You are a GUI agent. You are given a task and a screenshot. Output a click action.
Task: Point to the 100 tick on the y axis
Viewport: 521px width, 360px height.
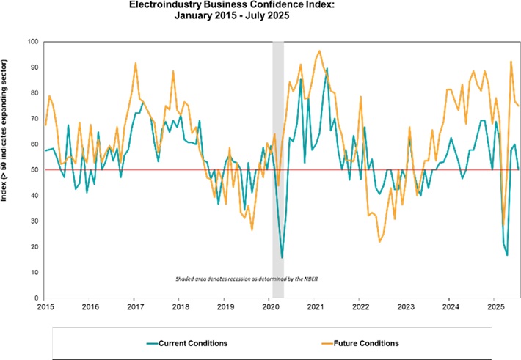[x=32, y=42]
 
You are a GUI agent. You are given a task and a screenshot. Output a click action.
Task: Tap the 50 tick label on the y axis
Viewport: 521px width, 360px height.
[x=33, y=170]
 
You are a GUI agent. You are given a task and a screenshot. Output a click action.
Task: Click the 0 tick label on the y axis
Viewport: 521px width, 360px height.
[x=35, y=298]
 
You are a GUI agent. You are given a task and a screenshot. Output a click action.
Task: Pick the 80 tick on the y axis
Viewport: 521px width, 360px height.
[x=33, y=93]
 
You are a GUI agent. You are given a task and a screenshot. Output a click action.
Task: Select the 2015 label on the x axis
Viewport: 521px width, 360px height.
[x=45, y=307]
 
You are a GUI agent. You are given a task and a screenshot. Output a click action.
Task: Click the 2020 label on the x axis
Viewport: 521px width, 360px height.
[x=270, y=307]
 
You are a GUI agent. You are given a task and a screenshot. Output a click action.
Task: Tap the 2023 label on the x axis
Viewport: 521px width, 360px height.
[x=406, y=307]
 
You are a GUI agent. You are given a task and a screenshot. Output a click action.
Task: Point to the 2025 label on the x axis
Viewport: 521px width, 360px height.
[x=495, y=307]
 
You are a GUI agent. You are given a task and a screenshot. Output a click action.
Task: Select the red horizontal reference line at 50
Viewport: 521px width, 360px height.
[x=147, y=170]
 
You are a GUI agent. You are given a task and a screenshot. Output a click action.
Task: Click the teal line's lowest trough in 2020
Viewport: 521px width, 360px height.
[x=282, y=257]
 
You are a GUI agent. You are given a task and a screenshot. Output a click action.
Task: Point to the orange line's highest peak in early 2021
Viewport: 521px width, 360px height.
[x=319, y=51]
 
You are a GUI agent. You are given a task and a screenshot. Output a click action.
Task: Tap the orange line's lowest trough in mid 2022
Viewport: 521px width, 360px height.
[x=379, y=241]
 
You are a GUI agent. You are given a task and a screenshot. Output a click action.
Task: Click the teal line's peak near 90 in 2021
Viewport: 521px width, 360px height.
[x=327, y=69]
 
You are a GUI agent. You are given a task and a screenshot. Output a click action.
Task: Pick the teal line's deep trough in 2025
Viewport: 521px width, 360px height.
[x=507, y=254]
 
